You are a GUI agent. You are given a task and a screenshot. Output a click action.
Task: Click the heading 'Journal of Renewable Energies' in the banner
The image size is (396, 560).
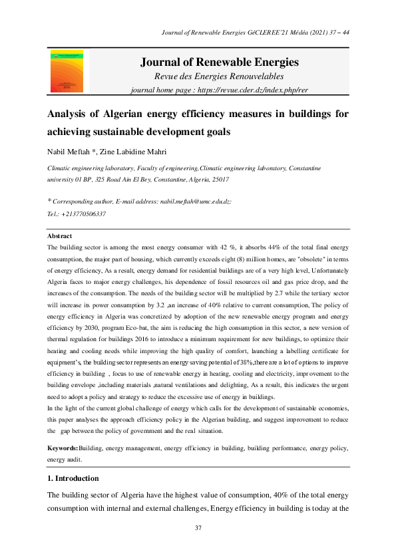click(x=219, y=63)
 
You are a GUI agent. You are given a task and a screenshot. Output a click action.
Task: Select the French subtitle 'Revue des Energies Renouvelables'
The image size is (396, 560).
click(x=219, y=77)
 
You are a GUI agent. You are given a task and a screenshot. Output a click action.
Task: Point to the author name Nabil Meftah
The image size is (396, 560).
click(x=69, y=152)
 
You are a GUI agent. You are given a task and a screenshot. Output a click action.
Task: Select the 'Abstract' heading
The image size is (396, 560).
click(x=59, y=236)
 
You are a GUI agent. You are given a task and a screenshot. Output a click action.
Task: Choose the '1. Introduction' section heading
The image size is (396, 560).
click(x=73, y=478)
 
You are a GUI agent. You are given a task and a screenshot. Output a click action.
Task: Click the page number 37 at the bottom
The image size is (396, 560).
click(x=198, y=527)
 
